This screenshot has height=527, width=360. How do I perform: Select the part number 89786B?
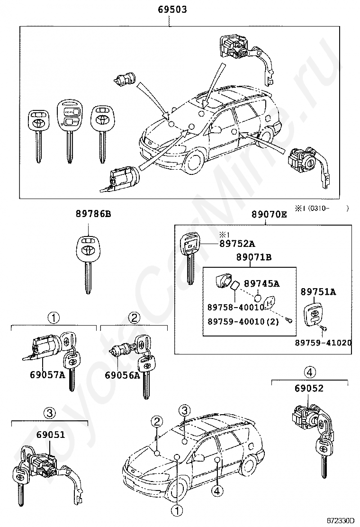tap(93, 214)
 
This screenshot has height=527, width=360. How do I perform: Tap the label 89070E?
tap(269, 214)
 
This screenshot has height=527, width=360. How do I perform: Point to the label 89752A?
tap(237, 244)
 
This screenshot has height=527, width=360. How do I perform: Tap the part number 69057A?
tap(47, 375)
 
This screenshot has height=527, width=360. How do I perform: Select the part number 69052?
tap(309, 389)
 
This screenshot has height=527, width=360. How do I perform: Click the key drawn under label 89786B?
tap(88, 263)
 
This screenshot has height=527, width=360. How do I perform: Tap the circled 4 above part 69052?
tap(309, 371)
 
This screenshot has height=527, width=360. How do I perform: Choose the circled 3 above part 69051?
tap(50, 413)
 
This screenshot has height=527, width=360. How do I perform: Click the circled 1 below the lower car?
tap(176, 510)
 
